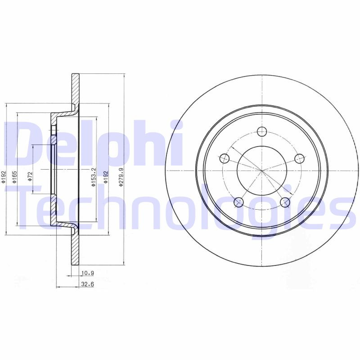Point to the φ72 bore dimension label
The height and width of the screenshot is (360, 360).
(30, 176)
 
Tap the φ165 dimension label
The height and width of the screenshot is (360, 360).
(14, 176)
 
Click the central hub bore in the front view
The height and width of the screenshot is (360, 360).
(261, 170)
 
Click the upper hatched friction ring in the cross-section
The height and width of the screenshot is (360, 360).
(75, 88)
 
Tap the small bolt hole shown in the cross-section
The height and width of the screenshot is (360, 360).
(53, 130)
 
